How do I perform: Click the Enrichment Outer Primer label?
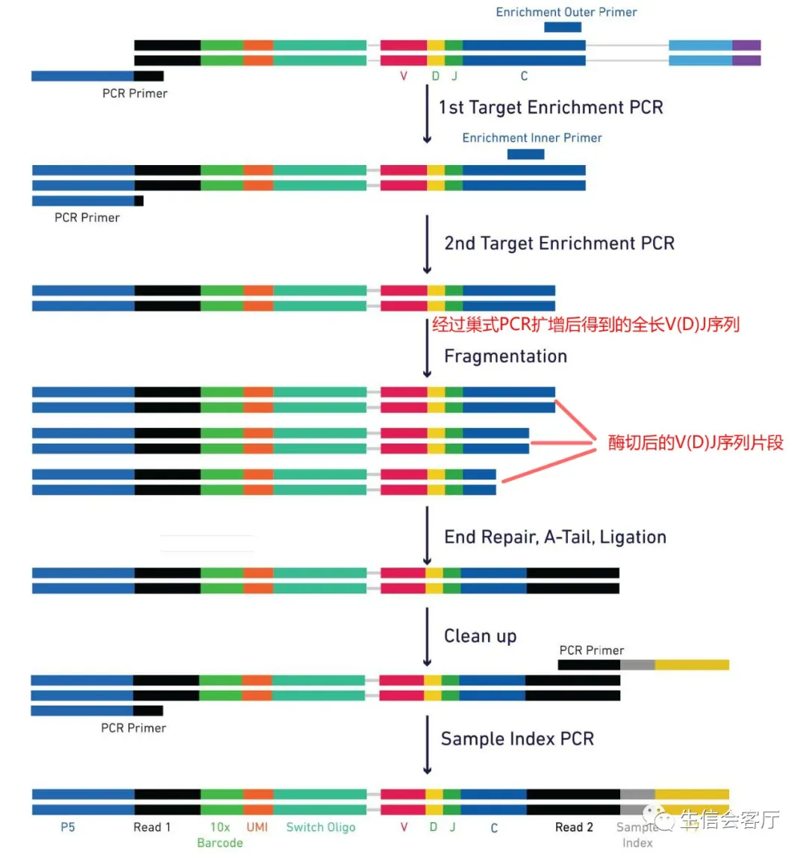pos(566,12)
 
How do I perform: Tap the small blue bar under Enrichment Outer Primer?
pos(562,28)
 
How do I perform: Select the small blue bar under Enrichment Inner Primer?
pos(525,155)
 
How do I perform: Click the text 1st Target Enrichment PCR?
pos(551,108)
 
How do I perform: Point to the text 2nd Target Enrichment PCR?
pos(559,243)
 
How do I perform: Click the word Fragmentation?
pos(505,356)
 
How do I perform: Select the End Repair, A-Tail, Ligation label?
pos(555,537)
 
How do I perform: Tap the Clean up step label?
pos(480,636)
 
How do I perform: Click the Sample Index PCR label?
pos(517,739)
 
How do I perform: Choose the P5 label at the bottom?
pos(68,827)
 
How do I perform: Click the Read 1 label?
pos(151,827)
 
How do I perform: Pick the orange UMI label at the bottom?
pos(257,827)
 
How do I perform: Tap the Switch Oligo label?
pos(321,827)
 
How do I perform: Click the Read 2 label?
pos(574,827)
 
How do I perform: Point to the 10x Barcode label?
pos(219,835)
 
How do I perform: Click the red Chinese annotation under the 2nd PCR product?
pos(586,325)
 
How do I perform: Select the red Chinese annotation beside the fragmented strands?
pos(696,442)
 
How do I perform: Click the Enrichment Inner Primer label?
pos(531,138)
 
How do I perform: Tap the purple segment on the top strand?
pos(746,46)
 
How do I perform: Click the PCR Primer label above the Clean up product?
pos(591,650)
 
